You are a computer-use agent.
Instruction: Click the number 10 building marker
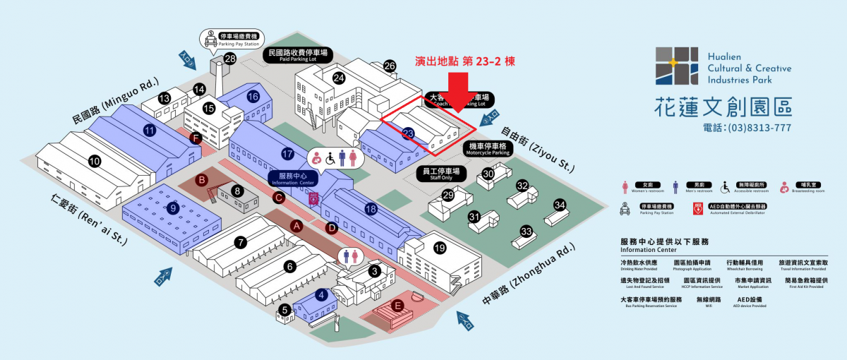coord(95,162)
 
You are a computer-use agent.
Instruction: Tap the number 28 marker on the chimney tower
coord(229,59)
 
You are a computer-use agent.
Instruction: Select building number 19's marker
coord(440,248)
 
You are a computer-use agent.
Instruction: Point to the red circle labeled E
coord(398,306)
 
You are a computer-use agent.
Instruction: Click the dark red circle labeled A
coord(297,226)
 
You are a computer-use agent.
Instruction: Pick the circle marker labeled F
coord(195,138)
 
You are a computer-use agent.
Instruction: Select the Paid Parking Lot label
coord(298,55)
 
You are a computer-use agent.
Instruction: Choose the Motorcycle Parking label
coord(488,149)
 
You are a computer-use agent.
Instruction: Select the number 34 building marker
coord(560,205)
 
